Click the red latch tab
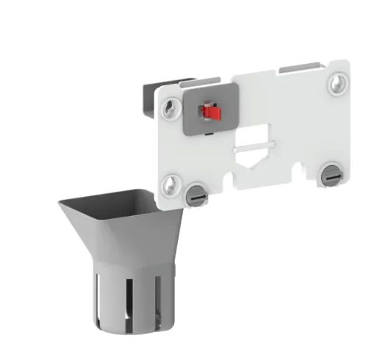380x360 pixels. (212, 112)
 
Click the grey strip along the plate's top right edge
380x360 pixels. (304, 68)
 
